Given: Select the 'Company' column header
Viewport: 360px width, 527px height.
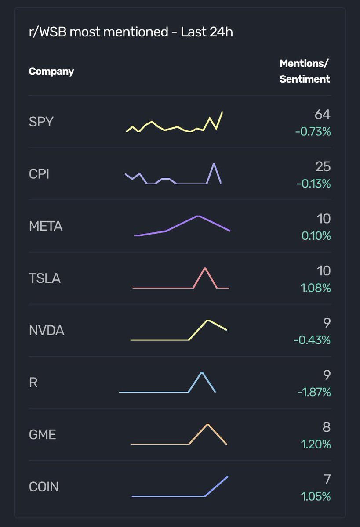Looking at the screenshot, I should [x=51, y=71].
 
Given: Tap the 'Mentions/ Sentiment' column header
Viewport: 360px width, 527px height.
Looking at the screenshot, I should [x=305, y=71].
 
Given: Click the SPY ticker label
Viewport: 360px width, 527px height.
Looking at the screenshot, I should [x=41, y=122].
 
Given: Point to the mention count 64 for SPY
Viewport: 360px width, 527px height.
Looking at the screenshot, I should [x=322, y=115].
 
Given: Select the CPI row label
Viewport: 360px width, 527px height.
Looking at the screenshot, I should [x=39, y=174].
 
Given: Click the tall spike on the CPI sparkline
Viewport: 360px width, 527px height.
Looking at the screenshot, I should [x=214, y=164].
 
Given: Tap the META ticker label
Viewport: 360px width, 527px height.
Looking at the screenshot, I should [x=46, y=227].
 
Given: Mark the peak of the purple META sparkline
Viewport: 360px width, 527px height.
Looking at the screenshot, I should [x=198, y=216].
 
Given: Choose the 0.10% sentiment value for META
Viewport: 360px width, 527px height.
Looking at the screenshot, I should [x=316, y=236].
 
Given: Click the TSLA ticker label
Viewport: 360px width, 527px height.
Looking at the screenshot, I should [x=44, y=278].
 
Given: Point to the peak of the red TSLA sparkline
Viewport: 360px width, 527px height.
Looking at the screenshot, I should [x=205, y=268].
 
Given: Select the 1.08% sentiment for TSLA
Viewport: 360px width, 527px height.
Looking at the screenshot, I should [x=316, y=288].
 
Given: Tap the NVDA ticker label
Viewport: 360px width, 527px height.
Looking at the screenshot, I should [x=47, y=331].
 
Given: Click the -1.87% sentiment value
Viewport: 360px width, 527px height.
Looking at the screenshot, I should [x=314, y=392].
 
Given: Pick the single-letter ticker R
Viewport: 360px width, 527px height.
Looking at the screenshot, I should [x=33, y=383].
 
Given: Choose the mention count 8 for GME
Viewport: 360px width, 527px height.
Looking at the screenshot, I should [x=326, y=427].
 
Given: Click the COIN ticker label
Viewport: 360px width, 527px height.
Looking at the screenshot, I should [x=44, y=487].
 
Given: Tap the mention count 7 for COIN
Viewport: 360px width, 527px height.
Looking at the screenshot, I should [x=327, y=479].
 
